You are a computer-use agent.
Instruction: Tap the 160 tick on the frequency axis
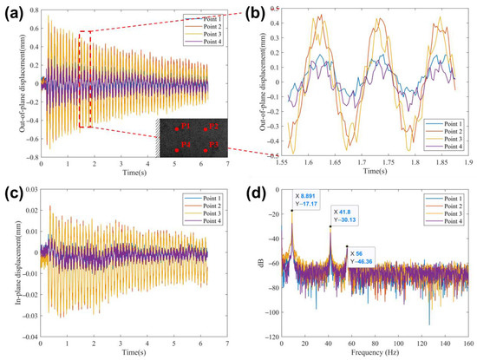[467, 343]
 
